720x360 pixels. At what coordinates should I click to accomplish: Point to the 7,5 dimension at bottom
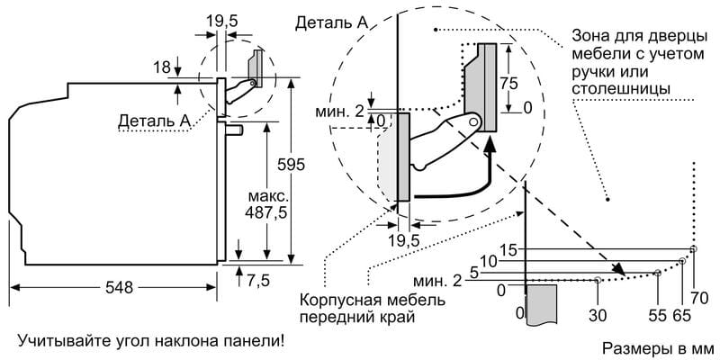(x=258, y=280)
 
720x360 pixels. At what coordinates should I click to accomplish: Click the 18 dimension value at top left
(x=161, y=68)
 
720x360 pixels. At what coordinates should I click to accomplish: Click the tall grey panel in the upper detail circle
(x=486, y=85)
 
